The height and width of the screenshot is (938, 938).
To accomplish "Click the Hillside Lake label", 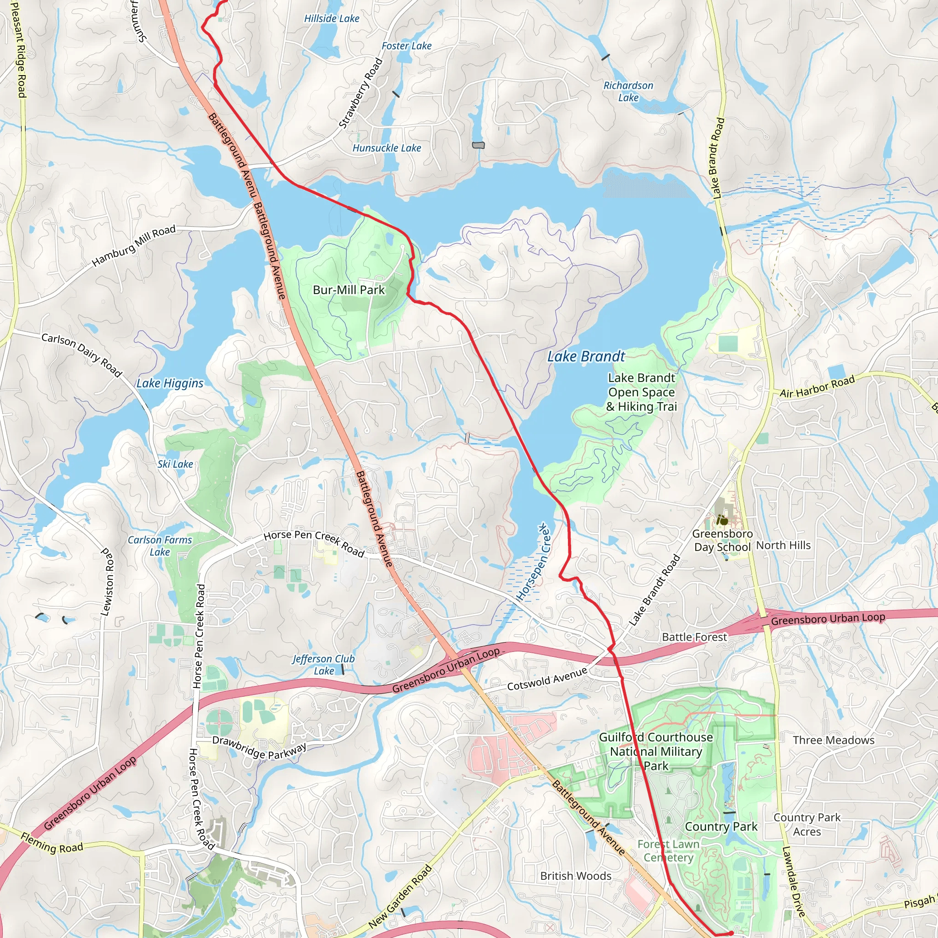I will (x=332, y=18).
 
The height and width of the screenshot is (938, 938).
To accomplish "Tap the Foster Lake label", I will (x=406, y=46).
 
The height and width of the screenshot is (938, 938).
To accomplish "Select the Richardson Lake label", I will (x=628, y=91).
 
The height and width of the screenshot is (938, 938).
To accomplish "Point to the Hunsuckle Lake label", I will (x=387, y=148).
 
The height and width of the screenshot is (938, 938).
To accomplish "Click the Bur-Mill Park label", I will (x=349, y=290).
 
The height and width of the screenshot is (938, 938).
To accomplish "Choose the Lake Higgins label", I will (x=170, y=383).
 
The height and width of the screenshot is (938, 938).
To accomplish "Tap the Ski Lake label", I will (x=175, y=464).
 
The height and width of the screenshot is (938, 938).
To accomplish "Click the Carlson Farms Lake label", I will (x=160, y=545).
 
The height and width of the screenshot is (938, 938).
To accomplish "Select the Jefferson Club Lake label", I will (x=324, y=665).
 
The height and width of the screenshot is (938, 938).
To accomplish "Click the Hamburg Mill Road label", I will (x=134, y=245).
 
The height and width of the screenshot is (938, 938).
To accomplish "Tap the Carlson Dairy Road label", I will (x=82, y=354).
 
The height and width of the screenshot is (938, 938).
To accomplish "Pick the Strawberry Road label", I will (x=361, y=93).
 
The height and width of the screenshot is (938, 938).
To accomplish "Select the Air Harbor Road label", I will (x=817, y=387).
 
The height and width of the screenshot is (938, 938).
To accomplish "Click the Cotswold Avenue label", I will (x=547, y=679).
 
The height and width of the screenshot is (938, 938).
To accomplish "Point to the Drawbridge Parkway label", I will (x=260, y=747).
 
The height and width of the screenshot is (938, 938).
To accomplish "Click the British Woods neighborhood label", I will (x=576, y=876).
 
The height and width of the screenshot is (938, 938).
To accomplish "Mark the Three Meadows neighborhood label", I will (x=834, y=740).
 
